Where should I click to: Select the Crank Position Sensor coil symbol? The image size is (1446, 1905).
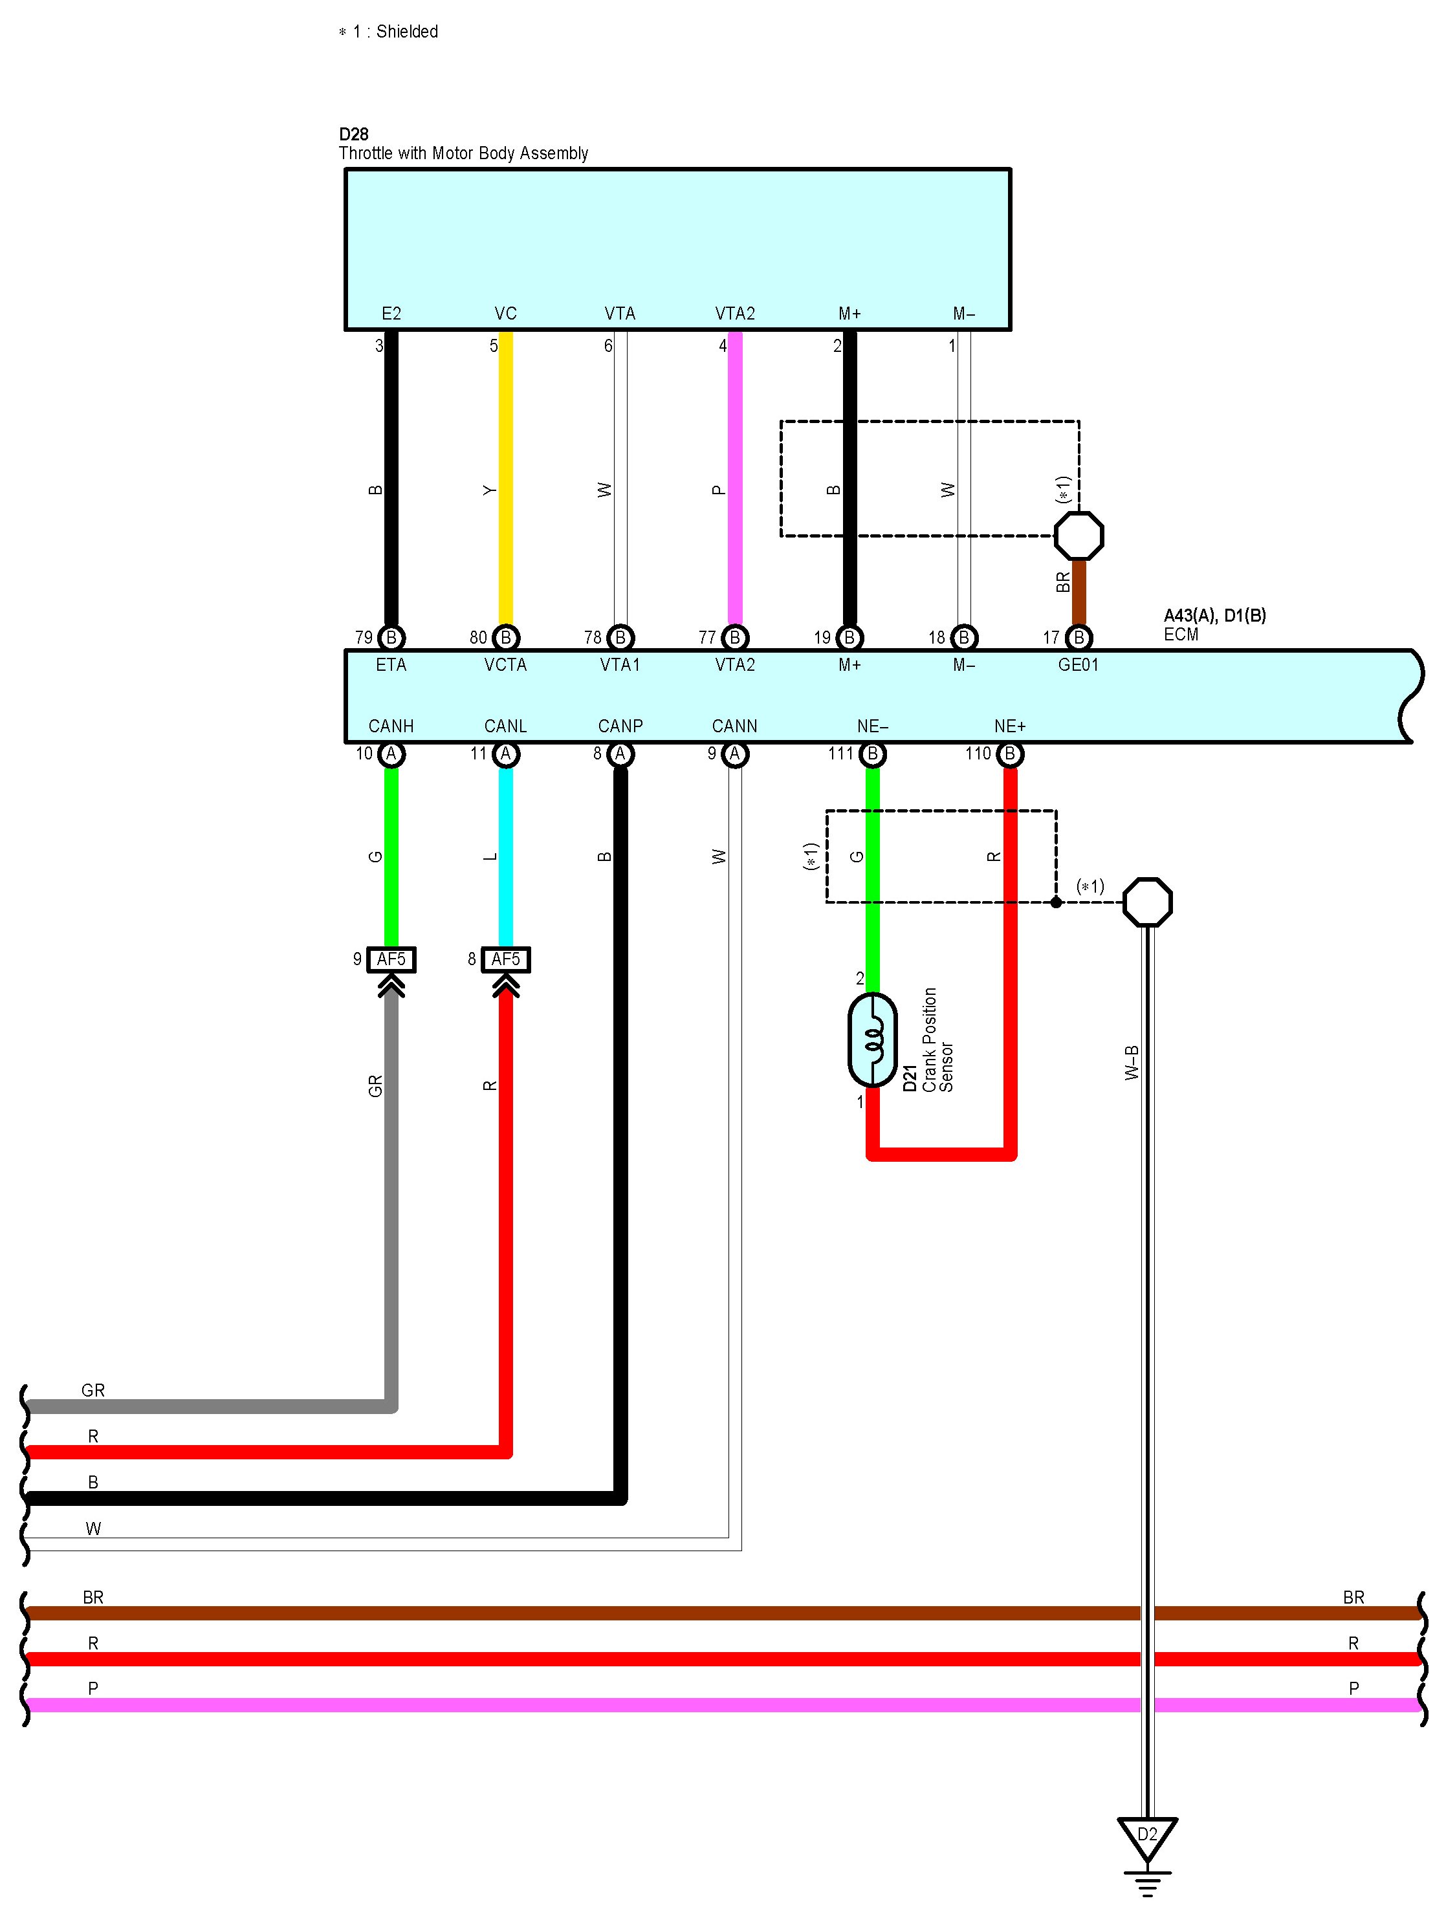point(872,1040)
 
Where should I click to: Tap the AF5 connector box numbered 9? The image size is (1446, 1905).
point(391,959)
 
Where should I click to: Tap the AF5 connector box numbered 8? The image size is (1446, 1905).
point(505,959)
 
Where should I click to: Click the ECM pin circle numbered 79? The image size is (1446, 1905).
point(391,637)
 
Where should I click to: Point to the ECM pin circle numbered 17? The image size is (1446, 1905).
point(1079,637)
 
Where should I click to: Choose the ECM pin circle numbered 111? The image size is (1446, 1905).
point(872,754)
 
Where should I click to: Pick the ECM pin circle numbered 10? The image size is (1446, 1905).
point(391,754)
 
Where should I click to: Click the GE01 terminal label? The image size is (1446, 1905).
point(1079,665)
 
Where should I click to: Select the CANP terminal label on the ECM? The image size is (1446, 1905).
point(620,726)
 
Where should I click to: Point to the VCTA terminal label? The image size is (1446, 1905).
point(505,665)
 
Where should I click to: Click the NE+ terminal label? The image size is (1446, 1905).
point(1009,726)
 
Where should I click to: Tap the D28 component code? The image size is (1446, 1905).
point(354,135)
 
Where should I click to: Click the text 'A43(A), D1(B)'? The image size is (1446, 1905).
point(1214,615)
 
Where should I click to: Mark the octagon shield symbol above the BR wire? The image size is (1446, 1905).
point(1079,536)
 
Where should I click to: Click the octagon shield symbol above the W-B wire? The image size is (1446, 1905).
point(1147,902)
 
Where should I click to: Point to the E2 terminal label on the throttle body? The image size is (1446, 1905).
point(391,314)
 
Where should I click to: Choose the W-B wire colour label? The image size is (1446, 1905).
point(1132,1063)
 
